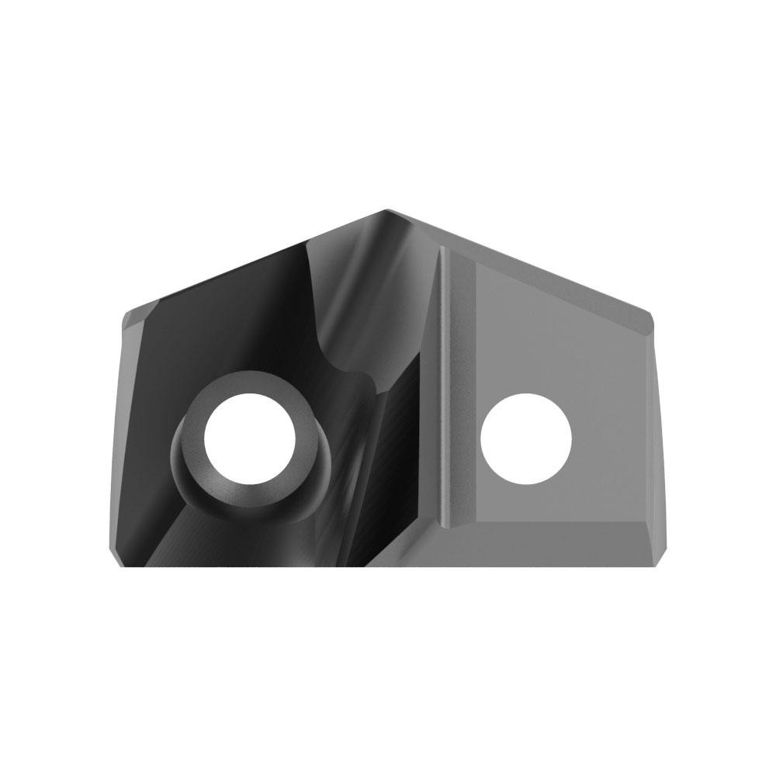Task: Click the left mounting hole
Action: point(251,437)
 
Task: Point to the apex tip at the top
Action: point(388,210)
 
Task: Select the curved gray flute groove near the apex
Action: point(349,295)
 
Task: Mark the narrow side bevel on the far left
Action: point(124,435)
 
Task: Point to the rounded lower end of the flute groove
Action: point(365,380)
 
